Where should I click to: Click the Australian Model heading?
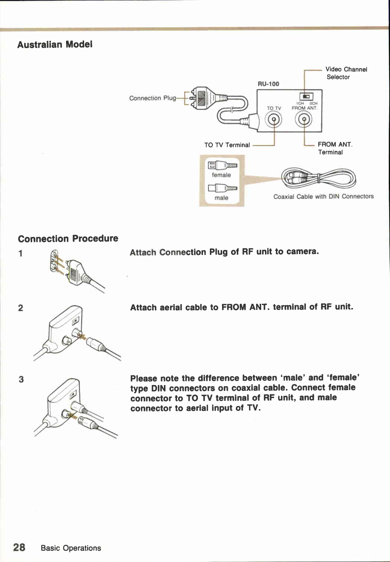[55, 44]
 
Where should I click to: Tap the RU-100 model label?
[268, 84]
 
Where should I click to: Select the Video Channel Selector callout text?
[346, 73]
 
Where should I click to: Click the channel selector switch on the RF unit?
[306, 96]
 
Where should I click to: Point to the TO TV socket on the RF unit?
[274, 120]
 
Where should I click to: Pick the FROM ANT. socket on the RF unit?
[304, 120]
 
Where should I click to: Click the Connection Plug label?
[152, 98]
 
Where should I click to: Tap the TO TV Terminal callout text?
[227, 145]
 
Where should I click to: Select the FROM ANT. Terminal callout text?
[335, 148]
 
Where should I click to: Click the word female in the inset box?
[221, 175]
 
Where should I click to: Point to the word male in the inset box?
[221, 198]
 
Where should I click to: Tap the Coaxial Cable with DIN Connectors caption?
[323, 196]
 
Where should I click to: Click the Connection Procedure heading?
[68, 239]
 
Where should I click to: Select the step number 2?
[21, 308]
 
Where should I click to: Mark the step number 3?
[21, 379]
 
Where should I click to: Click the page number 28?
[19, 547]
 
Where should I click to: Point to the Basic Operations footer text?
[71, 548]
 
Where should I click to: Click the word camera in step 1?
[302, 251]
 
